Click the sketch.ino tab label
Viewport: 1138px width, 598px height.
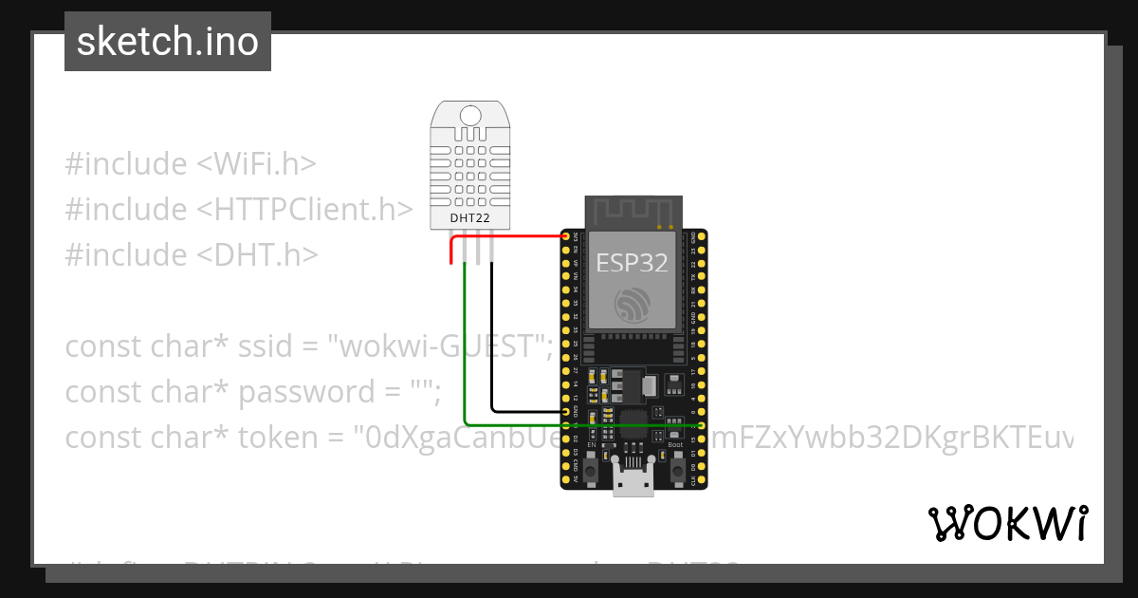[168, 42]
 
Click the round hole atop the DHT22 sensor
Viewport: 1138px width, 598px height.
[469, 116]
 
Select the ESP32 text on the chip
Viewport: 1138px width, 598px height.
[632, 262]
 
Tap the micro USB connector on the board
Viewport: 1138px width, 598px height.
[633, 481]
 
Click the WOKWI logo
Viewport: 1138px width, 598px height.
[1007, 523]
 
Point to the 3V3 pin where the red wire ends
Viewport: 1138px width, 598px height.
[566, 236]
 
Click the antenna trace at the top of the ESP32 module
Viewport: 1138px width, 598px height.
[632, 210]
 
